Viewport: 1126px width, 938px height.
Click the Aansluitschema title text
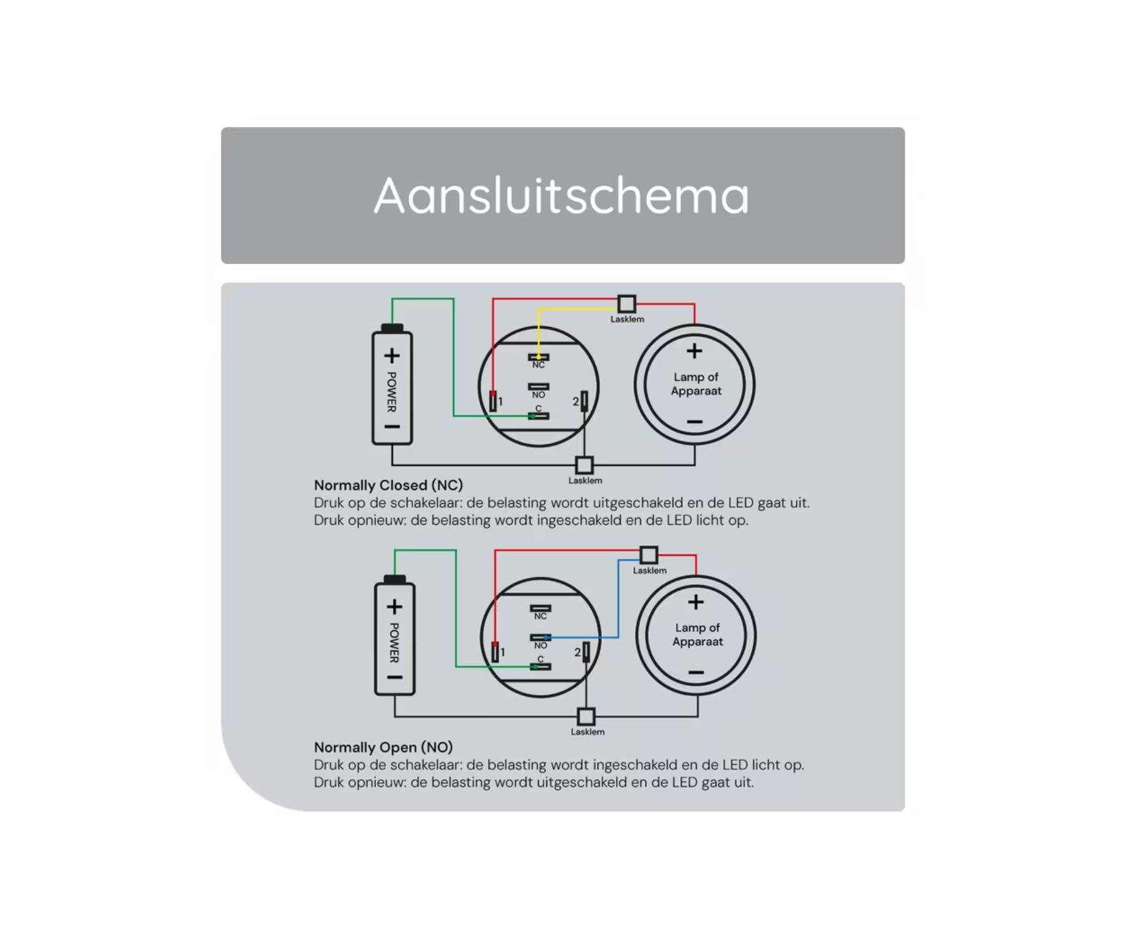pyautogui.click(x=561, y=195)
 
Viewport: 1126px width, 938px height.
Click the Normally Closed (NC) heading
pyautogui.click(x=388, y=485)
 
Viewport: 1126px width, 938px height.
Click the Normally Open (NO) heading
pyautogui.click(x=383, y=747)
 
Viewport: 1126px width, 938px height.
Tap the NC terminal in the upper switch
pyautogui.click(x=539, y=358)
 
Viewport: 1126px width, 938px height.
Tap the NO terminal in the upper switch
pyautogui.click(x=539, y=387)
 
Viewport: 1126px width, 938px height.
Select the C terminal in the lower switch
pyautogui.click(x=540, y=667)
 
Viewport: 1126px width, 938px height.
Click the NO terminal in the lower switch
pyautogui.click(x=540, y=638)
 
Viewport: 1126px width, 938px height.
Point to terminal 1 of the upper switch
pyautogui.click(x=493, y=401)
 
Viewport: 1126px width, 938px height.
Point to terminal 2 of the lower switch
pyautogui.click(x=586, y=652)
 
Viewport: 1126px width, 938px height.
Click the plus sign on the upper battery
pyautogui.click(x=392, y=356)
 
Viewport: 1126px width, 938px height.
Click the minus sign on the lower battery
pyautogui.click(x=394, y=678)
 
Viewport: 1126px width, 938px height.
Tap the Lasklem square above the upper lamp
pyautogui.click(x=627, y=304)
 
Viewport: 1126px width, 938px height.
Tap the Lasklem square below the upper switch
pyautogui.click(x=584, y=465)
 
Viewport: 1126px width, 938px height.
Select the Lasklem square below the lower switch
pyautogui.click(x=586, y=717)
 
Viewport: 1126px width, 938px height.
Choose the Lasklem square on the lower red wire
pyautogui.click(x=649, y=555)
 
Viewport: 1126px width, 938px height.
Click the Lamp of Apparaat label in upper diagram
pyautogui.click(x=696, y=384)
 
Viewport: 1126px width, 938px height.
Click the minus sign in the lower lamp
pyautogui.click(x=696, y=673)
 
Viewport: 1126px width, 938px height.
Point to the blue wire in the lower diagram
pyautogui.click(x=619, y=600)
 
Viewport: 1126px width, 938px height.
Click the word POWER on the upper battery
pyautogui.click(x=392, y=392)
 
